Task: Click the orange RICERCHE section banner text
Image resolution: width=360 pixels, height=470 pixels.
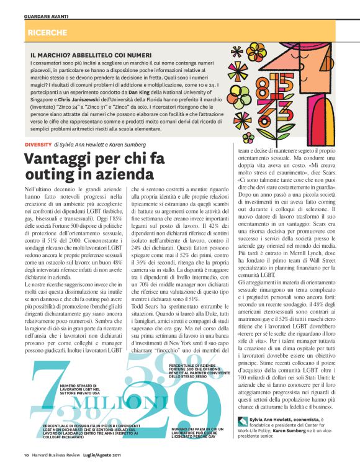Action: point(47,30)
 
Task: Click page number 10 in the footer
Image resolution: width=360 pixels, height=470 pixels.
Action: point(27,457)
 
